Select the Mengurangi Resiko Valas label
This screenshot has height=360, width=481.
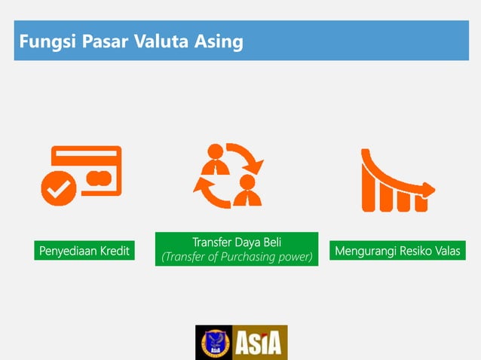397,251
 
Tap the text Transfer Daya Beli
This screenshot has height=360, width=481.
237,243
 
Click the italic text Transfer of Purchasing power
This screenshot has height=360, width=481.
237,258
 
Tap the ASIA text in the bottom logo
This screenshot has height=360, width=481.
260,343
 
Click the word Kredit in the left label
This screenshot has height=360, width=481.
112,251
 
